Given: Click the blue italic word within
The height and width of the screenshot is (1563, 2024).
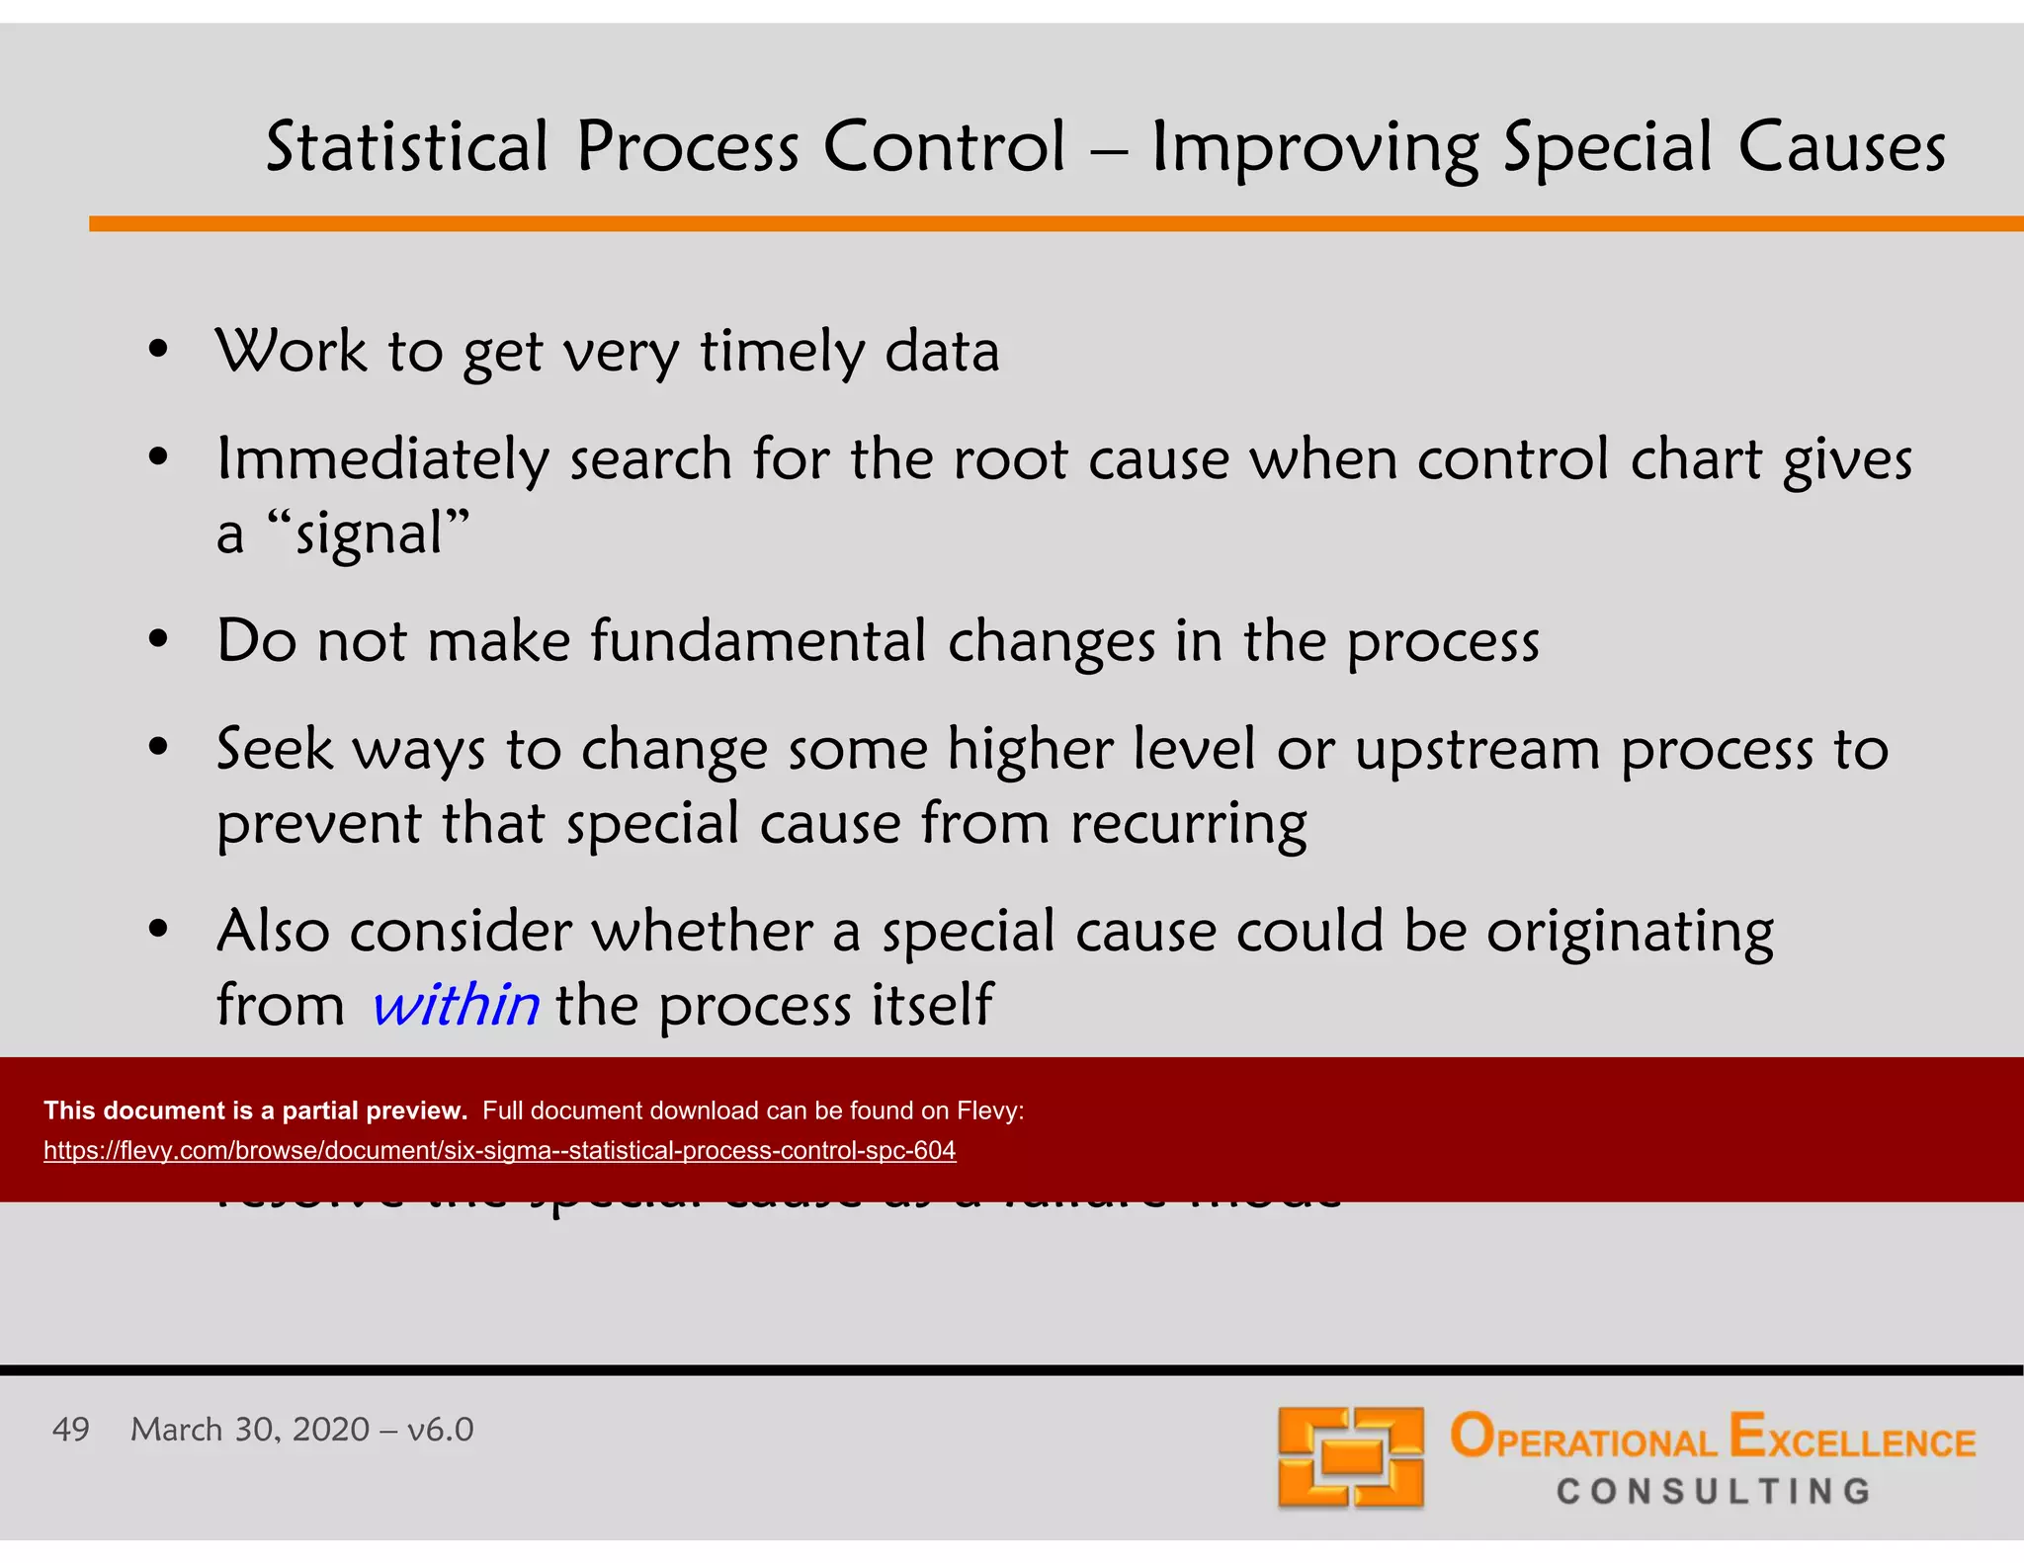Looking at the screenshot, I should coord(456,1005).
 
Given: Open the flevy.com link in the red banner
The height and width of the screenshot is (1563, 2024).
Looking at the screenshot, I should coord(499,1150).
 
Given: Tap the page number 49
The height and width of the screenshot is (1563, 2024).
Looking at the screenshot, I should coord(70,1430).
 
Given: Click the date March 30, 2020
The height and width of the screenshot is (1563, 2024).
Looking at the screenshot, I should coord(250,1430).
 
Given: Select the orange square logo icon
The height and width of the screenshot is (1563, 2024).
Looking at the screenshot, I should coord(1350,1458).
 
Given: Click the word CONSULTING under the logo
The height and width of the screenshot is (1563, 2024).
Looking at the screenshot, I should coord(1714,1491).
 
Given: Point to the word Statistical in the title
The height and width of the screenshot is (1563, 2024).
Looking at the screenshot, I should coord(406,147).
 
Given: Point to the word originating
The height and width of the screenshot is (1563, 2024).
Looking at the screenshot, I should coord(1631,933).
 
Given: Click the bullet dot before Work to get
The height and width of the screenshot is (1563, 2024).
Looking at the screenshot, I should coord(158,350).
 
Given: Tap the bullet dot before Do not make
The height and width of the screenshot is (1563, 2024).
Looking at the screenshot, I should coord(158,639).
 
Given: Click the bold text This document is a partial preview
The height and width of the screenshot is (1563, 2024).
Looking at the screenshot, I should coord(255,1111).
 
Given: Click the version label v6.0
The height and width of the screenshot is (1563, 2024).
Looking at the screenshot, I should coord(441,1430).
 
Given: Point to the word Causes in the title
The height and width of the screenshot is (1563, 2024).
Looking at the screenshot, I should coord(1841,147).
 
